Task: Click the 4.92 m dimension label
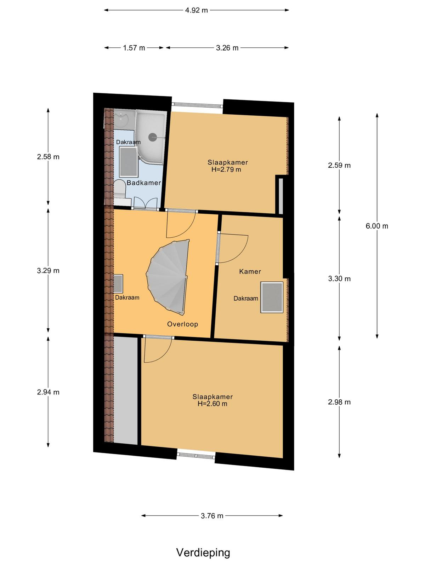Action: [196, 10]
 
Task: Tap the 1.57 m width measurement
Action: [134, 48]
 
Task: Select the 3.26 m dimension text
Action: [227, 48]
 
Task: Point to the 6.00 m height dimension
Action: [377, 226]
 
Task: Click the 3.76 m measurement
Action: [212, 516]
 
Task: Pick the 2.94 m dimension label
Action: [48, 392]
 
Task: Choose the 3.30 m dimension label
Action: [339, 278]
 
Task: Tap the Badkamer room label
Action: [144, 183]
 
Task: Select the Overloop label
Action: [182, 324]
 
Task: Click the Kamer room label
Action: [250, 271]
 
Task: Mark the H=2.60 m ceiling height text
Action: [212, 404]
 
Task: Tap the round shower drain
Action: [153, 137]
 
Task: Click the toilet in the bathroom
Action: [119, 190]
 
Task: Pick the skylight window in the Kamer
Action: [272, 297]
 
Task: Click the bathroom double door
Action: [146, 204]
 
